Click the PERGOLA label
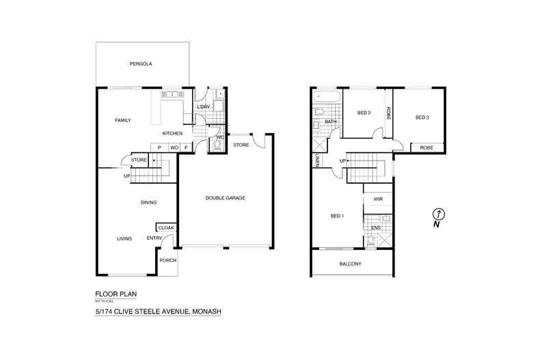[x=140, y=64]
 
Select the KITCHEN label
[x=172, y=133]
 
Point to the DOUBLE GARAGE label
[x=225, y=198]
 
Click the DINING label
[x=148, y=202]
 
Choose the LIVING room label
[x=124, y=238]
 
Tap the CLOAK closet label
[x=166, y=228]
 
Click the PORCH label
[x=167, y=260]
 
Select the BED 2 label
[x=364, y=113]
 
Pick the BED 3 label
[x=422, y=117]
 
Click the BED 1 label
[x=337, y=216]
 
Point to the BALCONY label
[x=350, y=264]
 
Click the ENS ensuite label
[x=376, y=227]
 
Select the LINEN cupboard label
[x=318, y=161]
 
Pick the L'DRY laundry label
[x=203, y=108]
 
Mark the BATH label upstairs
[x=330, y=122]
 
